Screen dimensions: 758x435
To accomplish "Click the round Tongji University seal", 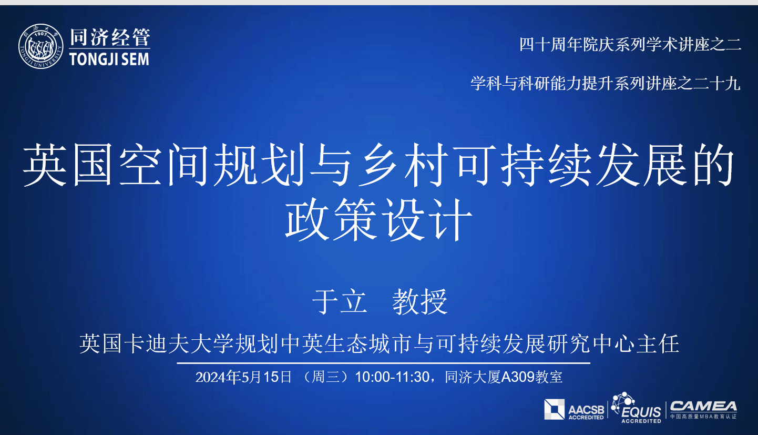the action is [41, 46].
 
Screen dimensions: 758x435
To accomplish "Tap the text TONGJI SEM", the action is [109, 59].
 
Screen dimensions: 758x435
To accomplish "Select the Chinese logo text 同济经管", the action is [110, 37].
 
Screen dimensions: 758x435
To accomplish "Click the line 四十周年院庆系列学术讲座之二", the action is [630, 44].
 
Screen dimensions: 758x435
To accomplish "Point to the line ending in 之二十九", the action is [606, 83].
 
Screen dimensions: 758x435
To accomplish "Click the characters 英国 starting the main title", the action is [68, 165].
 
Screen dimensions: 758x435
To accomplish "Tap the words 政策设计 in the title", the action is [378, 220].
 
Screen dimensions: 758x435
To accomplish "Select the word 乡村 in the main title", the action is [403, 165].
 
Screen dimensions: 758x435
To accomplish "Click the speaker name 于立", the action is [340, 301].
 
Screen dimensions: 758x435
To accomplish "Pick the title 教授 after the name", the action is [420, 301].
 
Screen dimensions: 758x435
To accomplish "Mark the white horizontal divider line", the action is [383, 363].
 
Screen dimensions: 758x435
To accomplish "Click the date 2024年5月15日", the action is [243, 377].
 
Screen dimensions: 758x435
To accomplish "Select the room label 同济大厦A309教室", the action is [504, 377].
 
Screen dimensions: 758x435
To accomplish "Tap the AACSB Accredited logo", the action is [574, 410].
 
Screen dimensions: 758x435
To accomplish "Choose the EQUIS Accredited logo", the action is [637, 408].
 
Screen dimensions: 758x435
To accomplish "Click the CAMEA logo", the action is [703, 410].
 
